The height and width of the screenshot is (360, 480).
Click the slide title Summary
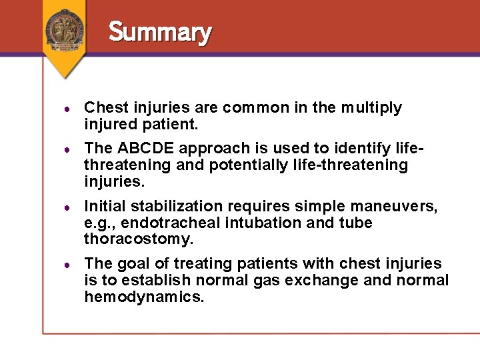pyautogui.click(x=160, y=32)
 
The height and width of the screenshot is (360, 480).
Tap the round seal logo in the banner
pyautogui.click(x=65, y=29)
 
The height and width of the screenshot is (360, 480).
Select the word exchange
pyautogui.click(x=317, y=281)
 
